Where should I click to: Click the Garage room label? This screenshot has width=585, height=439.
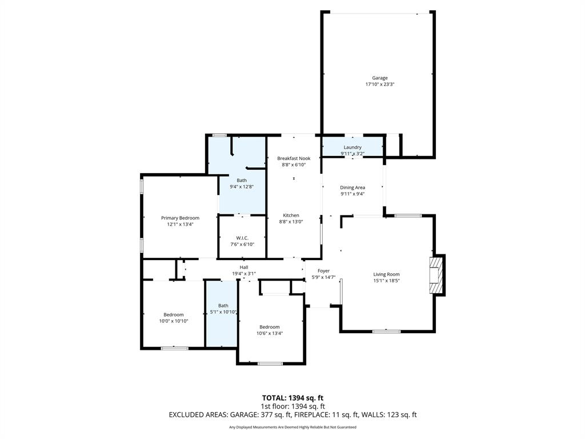pyautogui.click(x=380, y=78)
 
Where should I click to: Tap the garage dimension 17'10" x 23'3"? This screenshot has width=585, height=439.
pyautogui.click(x=380, y=85)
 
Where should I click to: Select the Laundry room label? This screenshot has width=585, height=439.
pyautogui.click(x=352, y=147)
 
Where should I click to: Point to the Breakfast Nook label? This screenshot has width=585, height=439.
pyautogui.click(x=294, y=158)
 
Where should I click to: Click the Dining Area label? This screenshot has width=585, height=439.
pyautogui.click(x=352, y=187)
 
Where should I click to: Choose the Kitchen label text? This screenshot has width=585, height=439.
pyautogui.click(x=291, y=215)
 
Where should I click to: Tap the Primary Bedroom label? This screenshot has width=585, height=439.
pyautogui.click(x=180, y=218)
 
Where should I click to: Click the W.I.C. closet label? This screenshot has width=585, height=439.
pyautogui.click(x=242, y=238)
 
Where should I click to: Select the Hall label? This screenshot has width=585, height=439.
pyautogui.click(x=244, y=267)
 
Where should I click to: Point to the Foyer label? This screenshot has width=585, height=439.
pyautogui.click(x=323, y=271)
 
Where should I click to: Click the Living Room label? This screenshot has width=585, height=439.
pyautogui.click(x=386, y=274)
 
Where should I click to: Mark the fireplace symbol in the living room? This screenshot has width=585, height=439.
pyautogui.click(x=437, y=275)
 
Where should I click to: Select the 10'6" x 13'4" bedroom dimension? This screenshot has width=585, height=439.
pyautogui.click(x=269, y=333)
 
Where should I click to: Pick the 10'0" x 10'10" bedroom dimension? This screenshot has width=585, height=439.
pyautogui.click(x=174, y=321)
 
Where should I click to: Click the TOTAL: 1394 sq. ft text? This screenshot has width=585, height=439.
pyautogui.click(x=292, y=398)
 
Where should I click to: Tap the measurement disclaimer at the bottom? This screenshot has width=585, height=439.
pyautogui.click(x=292, y=428)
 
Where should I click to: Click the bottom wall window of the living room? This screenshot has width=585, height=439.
pyautogui.click(x=387, y=331)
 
